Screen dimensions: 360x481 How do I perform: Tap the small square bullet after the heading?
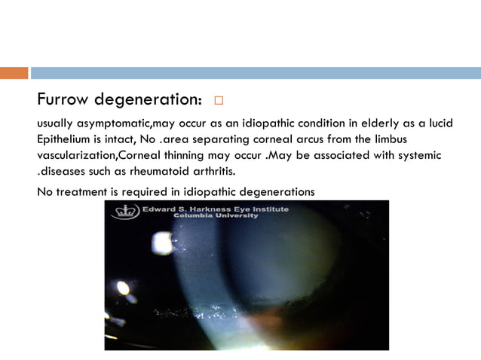point(219,100)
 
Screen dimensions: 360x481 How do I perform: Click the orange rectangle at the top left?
point(14,73)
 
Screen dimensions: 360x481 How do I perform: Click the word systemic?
point(418,154)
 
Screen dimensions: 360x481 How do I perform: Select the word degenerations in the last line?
point(277,191)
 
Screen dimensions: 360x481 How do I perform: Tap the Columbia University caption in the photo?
point(216,216)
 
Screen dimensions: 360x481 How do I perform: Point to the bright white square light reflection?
point(163,243)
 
